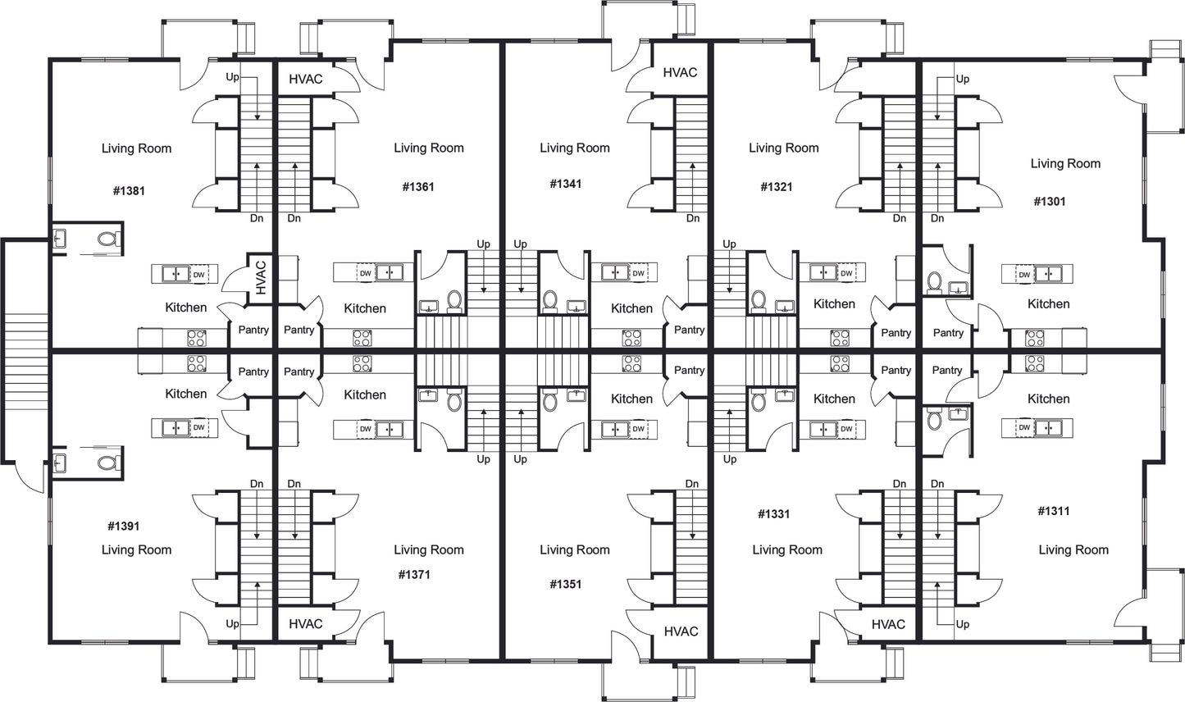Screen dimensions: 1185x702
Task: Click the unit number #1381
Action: click(129, 191)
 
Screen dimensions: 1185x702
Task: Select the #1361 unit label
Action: click(418, 187)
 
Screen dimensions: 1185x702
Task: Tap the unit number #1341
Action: click(565, 184)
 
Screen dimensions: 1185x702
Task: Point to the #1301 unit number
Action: click(1050, 201)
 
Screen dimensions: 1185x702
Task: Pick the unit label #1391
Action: click(124, 526)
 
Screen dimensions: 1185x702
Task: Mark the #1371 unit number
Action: click(413, 574)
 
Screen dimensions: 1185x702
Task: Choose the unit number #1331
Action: click(773, 514)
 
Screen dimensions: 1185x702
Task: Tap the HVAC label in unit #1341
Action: click(680, 72)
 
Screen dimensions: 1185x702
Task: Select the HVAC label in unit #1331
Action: click(888, 624)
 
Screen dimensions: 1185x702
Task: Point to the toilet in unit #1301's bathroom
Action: click(934, 283)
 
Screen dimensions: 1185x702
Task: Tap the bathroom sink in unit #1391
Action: click(59, 463)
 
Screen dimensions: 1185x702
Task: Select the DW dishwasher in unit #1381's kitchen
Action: click(198, 274)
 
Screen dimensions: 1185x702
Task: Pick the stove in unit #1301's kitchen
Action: click(1035, 338)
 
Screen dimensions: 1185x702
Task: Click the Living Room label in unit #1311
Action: click(1073, 549)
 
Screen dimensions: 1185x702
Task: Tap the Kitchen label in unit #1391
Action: click(186, 394)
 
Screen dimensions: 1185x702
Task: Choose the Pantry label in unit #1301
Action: click(948, 333)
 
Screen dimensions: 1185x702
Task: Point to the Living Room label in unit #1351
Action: click(574, 549)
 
